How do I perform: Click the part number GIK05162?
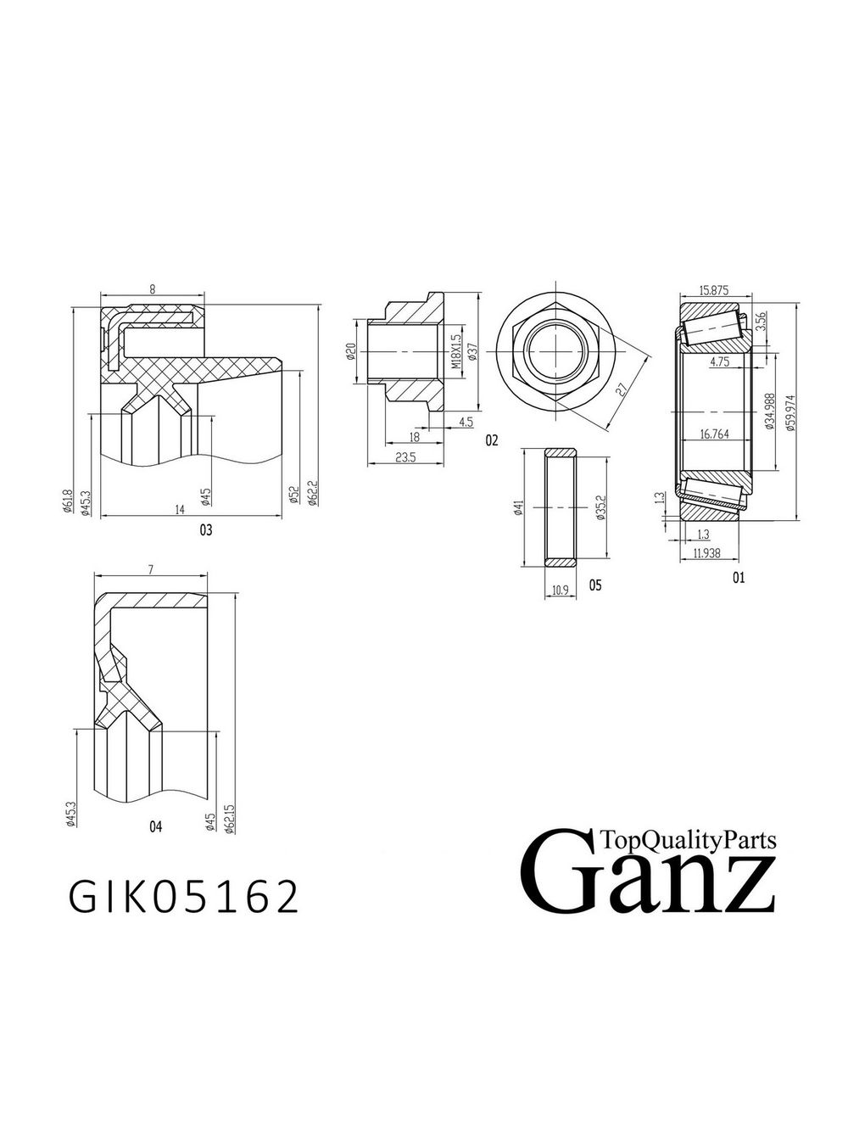(x=184, y=897)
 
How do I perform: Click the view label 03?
(x=205, y=530)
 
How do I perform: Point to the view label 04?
(x=155, y=826)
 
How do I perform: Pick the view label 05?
(x=594, y=585)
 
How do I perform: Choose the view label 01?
(x=738, y=578)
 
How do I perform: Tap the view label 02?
(x=492, y=440)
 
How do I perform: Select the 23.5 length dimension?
(x=405, y=457)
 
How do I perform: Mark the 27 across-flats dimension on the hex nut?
(x=622, y=389)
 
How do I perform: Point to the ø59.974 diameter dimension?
(x=790, y=412)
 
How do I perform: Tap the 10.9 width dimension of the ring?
(x=559, y=590)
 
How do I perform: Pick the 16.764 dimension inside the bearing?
(x=714, y=434)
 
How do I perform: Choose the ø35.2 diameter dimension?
(x=600, y=507)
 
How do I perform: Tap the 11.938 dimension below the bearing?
(x=706, y=552)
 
